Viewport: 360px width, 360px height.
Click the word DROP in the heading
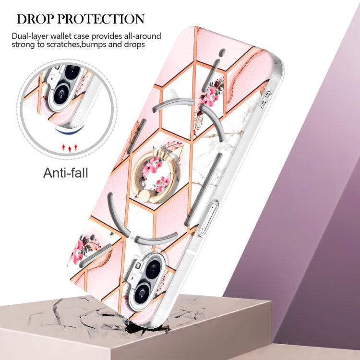point(36,19)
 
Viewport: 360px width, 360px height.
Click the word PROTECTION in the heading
point(101,19)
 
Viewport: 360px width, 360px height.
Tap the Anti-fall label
point(66,173)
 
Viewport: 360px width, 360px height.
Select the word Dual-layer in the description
point(30,36)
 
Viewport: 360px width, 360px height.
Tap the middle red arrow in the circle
point(70,149)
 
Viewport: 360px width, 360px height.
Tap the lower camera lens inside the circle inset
point(61,94)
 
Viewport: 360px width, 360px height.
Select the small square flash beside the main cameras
point(138,265)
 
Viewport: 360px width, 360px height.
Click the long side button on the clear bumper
point(209,219)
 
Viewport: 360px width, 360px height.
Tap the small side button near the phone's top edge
point(266,99)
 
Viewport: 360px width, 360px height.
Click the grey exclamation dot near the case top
point(222,53)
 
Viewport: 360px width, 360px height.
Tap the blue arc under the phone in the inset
point(69,130)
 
